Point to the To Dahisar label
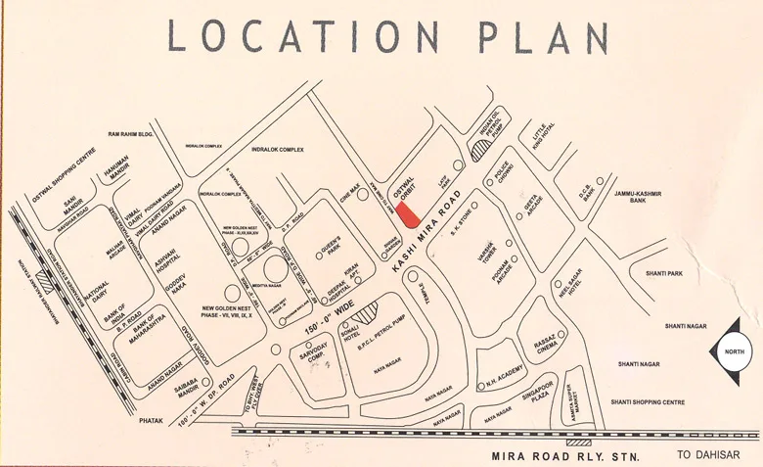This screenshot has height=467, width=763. pyautogui.click(x=707, y=455)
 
